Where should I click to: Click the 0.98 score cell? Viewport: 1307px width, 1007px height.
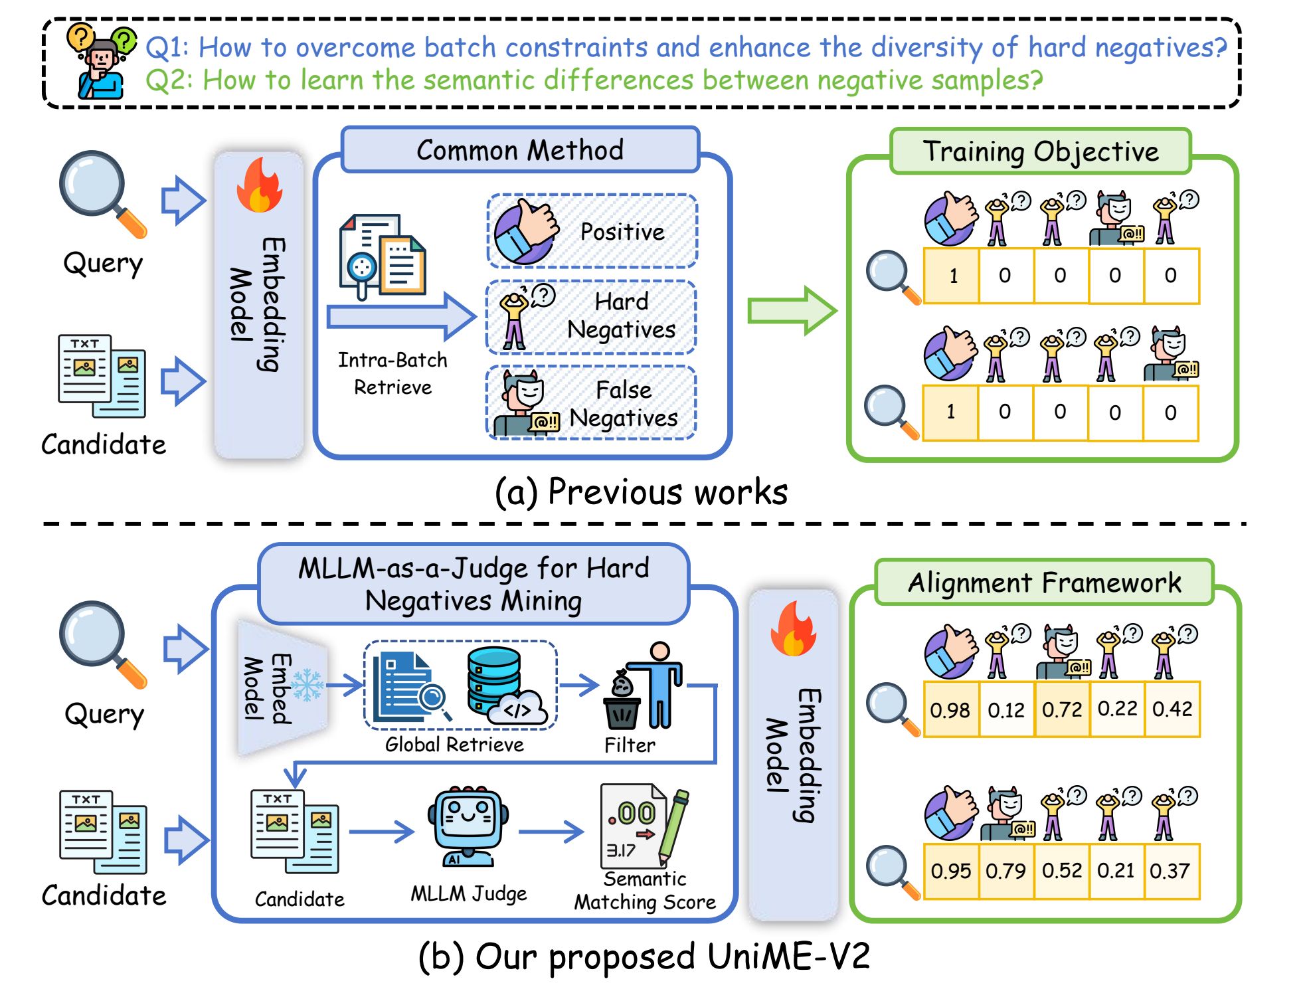[x=950, y=709]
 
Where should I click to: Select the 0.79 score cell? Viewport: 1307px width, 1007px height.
[x=1005, y=871]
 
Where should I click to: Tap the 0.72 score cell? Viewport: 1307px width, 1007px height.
[x=1061, y=709]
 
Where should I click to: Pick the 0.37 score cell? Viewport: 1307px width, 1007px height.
[x=1170, y=871]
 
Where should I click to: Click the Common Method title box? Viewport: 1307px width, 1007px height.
[x=520, y=150]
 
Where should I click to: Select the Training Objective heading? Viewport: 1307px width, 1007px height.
[x=1040, y=151]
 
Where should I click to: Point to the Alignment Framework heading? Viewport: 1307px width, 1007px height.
[x=1044, y=583]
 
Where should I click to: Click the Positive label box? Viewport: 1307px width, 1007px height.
[x=592, y=231]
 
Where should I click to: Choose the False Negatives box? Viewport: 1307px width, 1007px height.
[x=591, y=403]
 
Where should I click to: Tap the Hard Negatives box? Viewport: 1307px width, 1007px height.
[x=591, y=317]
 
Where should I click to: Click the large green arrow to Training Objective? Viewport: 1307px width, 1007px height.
[x=791, y=310]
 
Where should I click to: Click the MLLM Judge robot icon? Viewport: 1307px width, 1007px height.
[x=469, y=828]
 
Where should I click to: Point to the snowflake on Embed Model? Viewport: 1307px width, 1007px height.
[x=307, y=685]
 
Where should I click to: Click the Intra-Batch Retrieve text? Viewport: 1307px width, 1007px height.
[x=392, y=373]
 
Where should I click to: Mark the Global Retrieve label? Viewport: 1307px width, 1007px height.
[x=454, y=745]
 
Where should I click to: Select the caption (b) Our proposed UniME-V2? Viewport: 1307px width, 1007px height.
[x=644, y=957]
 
